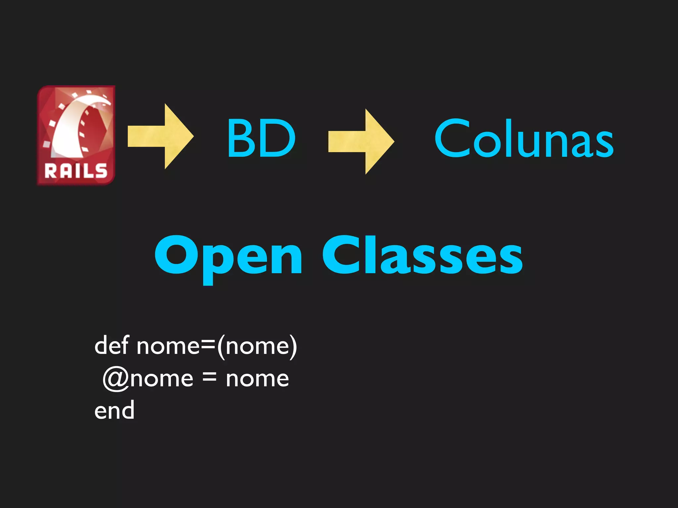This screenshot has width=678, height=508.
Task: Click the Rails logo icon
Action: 76,135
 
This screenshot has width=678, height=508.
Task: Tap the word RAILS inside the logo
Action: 76,171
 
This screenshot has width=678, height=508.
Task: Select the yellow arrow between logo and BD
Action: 160,136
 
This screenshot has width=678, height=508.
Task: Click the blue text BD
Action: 261,138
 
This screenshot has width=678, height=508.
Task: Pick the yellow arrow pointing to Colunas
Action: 361,141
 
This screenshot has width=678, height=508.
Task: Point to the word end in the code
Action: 115,410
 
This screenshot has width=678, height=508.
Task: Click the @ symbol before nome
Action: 116,379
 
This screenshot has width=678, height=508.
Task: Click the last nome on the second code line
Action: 257,379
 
